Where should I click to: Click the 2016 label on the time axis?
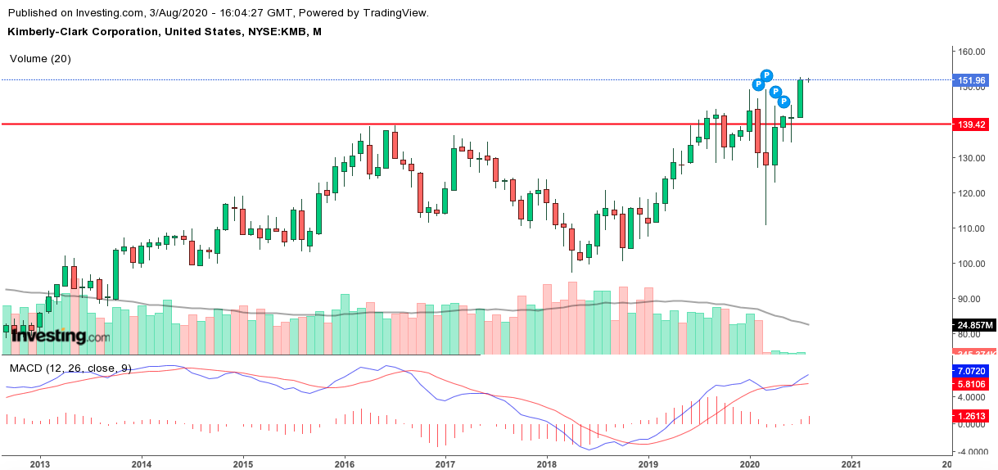click(345, 463)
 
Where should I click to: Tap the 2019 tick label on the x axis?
click(648, 463)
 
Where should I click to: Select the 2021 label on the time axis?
click(851, 463)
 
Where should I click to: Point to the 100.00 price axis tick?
click(971, 264)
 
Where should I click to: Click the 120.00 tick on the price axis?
click(971, 193)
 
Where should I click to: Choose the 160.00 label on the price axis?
click(971, 52)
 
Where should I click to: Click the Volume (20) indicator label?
click(40, 59)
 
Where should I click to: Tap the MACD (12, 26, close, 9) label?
click(70, 368)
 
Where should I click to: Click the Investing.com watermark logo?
click(57, 336)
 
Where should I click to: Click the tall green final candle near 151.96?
click(801, 98)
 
